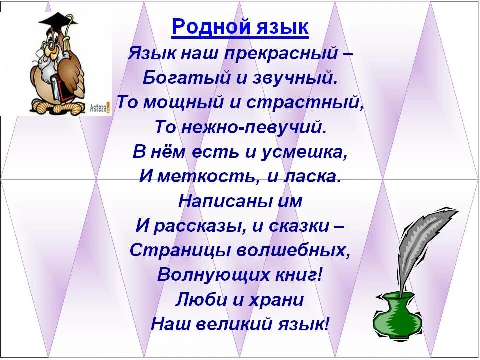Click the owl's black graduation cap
(x=58, y=22)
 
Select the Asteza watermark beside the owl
(x=100, y=108)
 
